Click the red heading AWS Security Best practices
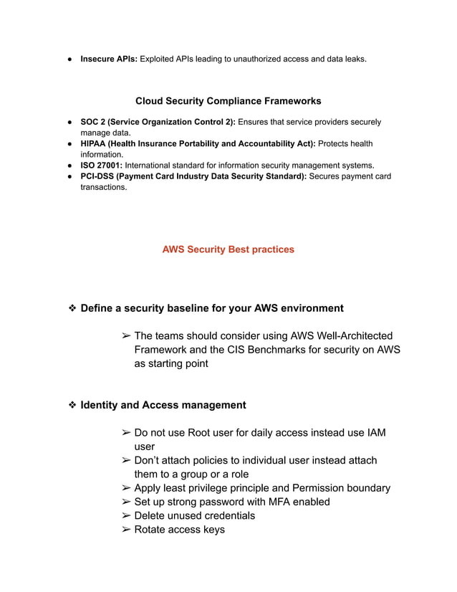click(x=228, y=249)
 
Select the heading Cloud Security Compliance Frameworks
click(x=228, y=101)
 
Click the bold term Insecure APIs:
click(x=109, y=58)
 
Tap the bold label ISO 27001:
click(x=101, y=165)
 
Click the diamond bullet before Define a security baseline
click(x=72, y=308)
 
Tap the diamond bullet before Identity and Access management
click(x=72, y=405)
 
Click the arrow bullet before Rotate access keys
click(x=125, y=530)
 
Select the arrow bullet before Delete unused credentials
click(x=125, y=516)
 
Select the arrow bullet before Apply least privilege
click(x=125, y=488)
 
